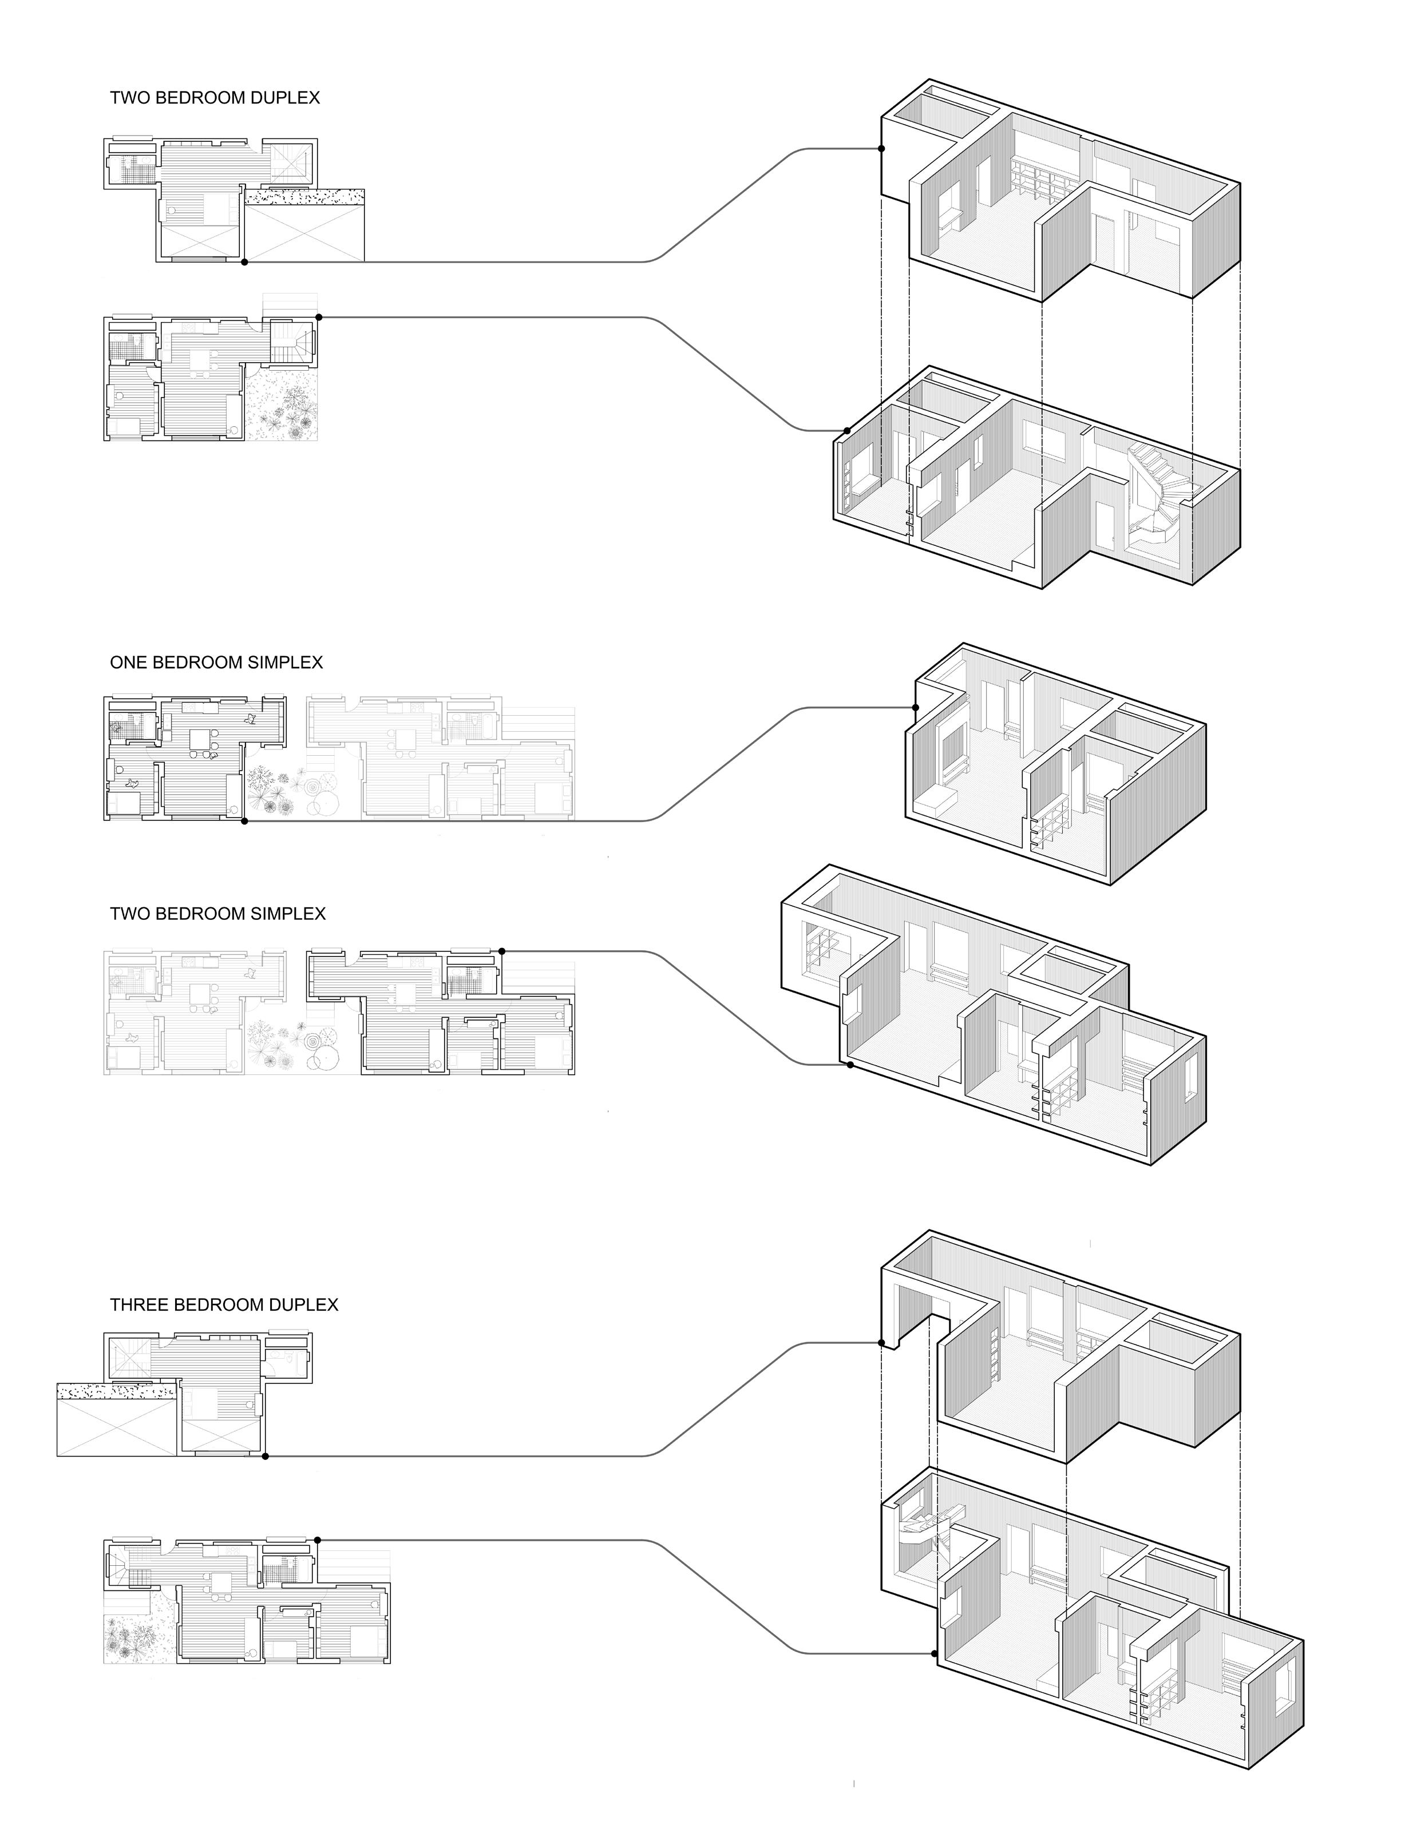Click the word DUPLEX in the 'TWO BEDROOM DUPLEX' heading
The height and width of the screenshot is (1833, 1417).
click(x=281, y=98)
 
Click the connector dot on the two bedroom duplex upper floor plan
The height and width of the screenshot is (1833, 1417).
click(x=244, y=262)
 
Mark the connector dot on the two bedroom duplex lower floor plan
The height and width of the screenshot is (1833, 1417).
click(x=319, y=318)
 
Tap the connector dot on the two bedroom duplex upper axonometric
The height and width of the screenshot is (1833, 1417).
click(x=881, y=149)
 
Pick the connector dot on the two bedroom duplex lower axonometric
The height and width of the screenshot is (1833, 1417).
click(x=847, y=431)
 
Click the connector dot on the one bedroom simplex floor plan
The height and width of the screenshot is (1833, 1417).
click(x=244, y=821)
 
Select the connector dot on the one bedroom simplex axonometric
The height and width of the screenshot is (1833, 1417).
click(x=915, y=708)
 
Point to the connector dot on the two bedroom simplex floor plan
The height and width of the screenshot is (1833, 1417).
click(x=501, y=951)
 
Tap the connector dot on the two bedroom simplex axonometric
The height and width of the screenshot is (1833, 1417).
click(x=850, y=1065)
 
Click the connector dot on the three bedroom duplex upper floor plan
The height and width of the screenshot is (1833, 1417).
click(x=266, y=1456)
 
